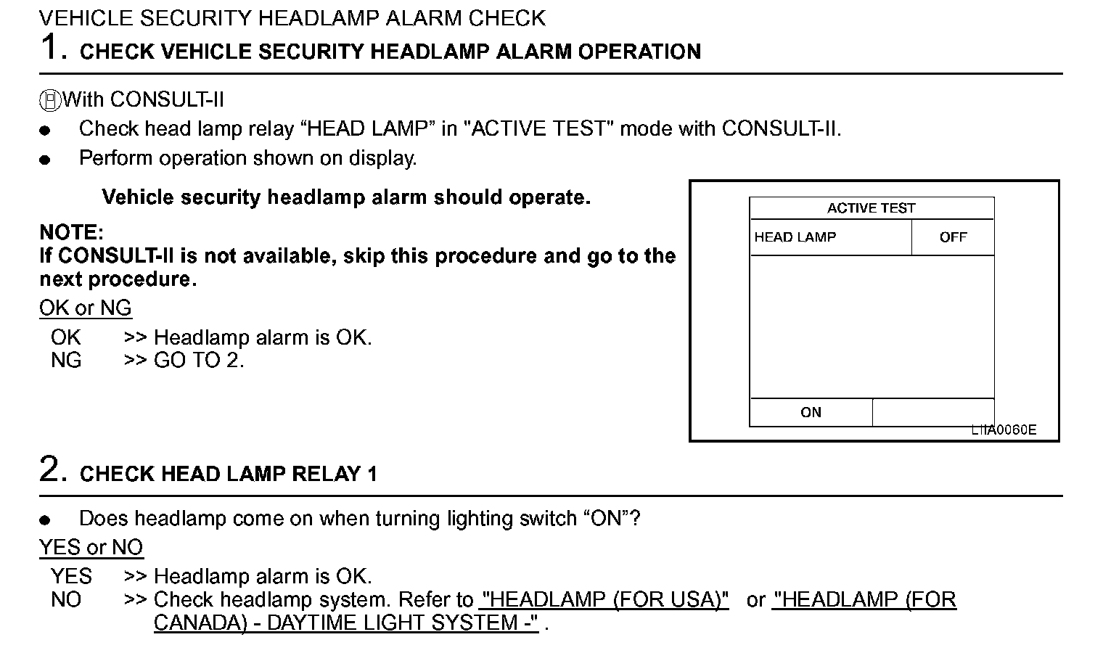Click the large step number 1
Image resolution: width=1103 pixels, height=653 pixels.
52,48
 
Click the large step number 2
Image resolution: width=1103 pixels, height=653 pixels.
52,470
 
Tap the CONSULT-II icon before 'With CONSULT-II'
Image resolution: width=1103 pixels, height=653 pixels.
50,100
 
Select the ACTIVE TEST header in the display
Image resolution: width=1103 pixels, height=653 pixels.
871,208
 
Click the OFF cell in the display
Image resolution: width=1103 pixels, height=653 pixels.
952,237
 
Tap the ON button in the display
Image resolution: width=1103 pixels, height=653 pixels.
811,412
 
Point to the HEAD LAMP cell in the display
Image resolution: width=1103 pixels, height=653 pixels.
795,237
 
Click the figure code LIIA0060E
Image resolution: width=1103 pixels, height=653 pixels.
1004,430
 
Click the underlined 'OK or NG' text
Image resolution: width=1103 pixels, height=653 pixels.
86,308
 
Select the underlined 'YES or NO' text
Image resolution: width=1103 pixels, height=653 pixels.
91,548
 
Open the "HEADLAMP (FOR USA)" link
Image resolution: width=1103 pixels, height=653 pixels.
604,600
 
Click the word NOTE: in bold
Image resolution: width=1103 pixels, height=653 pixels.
72,233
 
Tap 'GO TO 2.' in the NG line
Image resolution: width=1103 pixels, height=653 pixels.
199,361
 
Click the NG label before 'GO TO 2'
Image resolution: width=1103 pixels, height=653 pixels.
66,361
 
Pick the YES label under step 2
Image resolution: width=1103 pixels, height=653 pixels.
71,577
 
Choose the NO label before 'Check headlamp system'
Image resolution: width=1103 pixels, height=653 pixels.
66,600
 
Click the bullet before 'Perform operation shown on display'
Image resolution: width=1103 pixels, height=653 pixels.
45,160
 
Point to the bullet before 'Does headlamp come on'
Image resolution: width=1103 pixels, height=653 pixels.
45,519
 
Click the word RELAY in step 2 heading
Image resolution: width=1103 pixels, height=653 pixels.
324,475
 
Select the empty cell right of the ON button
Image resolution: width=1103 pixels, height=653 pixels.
932,412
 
